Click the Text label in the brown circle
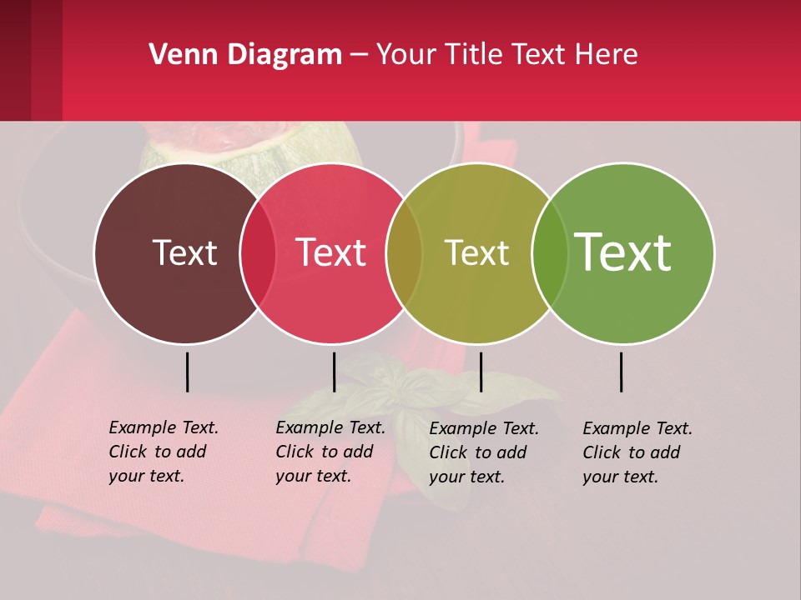[184, 252]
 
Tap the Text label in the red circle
[330, 252]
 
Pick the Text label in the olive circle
[476, 252]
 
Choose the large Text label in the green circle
[623, 252]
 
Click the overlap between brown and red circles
[258, 253]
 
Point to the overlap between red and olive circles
[404, 253]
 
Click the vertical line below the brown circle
[188, 372]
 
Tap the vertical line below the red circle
[334, 372]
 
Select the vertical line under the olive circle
[481, 372]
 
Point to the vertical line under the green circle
[622, 372]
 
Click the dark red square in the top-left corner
[16, 58]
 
